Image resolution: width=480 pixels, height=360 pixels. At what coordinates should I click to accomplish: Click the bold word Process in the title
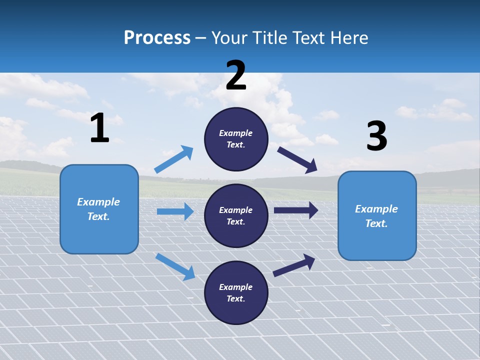[x=157, y=37]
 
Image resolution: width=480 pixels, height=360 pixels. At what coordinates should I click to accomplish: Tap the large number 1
[x=99, y=128]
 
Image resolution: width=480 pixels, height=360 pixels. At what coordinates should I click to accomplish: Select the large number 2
[x=236, y=75]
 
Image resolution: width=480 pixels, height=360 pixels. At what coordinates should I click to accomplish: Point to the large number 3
[x=376, y=136]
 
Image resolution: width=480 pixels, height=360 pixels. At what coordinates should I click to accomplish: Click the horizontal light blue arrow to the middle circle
[x=175, y=211]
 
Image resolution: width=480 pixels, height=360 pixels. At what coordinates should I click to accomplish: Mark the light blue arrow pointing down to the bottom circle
[x=175, y=266]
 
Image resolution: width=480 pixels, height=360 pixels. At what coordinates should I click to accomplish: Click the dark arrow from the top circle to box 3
[x=297, y=159]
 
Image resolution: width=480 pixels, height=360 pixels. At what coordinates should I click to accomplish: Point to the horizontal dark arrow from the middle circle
[x=295, y=210]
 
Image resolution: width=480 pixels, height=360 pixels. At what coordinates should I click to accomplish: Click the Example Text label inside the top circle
[x=236, y=139]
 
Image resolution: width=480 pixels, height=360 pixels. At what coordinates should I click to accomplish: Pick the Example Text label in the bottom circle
[x=236, y=292]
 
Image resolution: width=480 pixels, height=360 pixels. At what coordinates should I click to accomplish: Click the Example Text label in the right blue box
[x=376, y=216]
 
